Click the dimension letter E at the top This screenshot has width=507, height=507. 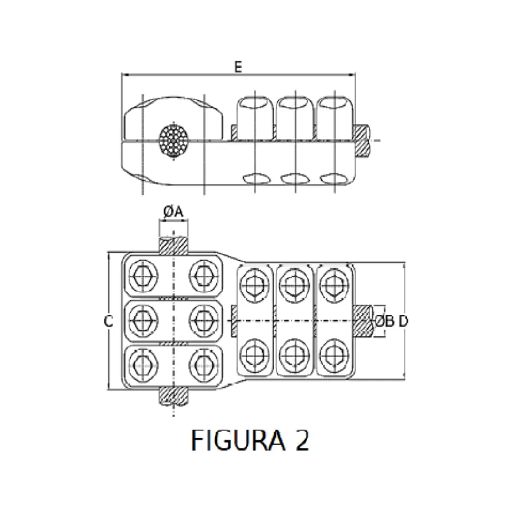[x=238, y=67]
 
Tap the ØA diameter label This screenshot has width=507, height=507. [x=173, y=212]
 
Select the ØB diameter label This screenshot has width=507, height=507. [x=384, y=322]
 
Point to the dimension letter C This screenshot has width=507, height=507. [x=108, y=322]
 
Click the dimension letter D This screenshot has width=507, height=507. [x=404, y=322]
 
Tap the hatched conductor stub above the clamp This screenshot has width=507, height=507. [x=173, y=246]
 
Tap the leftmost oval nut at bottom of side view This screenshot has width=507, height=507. [x=255, y=178]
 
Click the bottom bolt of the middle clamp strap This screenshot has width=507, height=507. [x=294, y=354]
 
